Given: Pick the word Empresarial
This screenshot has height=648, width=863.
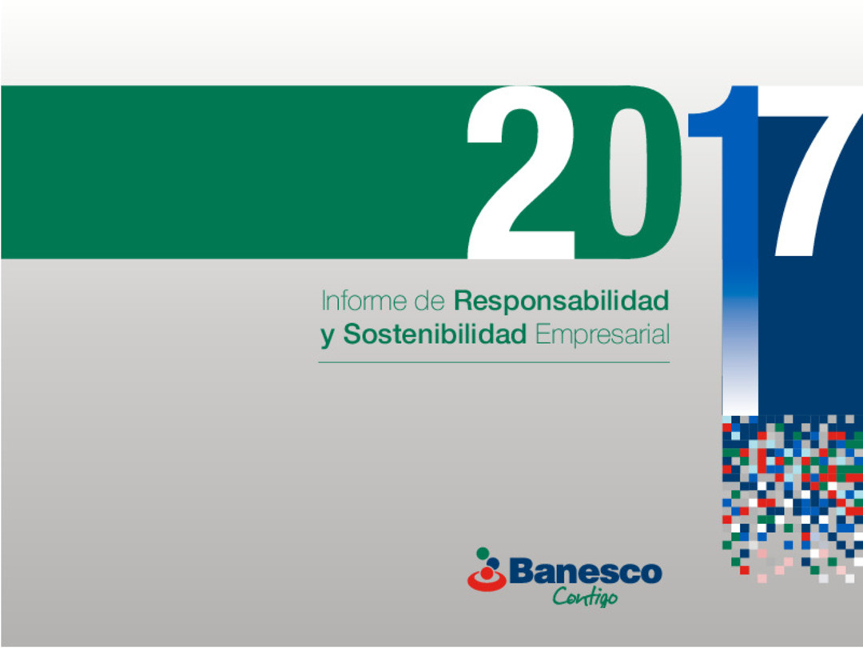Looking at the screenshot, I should coord(602,335).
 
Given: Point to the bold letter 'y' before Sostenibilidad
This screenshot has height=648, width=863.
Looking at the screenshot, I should coord(327,337).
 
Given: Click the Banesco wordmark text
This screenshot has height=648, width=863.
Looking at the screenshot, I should coord(585,573).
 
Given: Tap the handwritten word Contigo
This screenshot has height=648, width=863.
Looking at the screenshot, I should coord(585,597).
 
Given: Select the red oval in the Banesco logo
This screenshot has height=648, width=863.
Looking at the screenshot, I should coord(487,582).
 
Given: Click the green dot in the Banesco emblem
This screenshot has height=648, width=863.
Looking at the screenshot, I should coord(482,552).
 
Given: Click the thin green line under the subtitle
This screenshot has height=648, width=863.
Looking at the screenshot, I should coord(493,362).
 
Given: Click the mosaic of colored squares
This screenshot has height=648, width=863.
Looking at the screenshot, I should coord(791,496).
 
